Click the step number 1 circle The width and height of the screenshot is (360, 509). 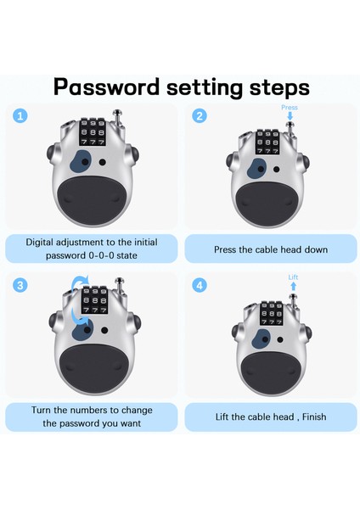(x=20, y=116)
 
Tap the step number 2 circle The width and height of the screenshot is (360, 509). (x=200, y=116)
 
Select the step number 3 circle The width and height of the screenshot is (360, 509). (x=20, y=285)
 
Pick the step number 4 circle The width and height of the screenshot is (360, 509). (x=200, y=285)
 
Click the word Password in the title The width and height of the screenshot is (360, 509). (x=107, y=87)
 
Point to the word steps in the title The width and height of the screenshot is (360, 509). (x=279, y=87)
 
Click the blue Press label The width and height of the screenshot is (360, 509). (x=290, y=108)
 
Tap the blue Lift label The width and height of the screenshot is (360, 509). (x=293, y=277)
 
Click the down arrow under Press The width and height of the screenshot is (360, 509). (x=290, y=116)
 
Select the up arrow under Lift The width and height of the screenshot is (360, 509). (x=294, y=286)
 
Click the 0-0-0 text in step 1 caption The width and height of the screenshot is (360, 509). (x=101, y=255)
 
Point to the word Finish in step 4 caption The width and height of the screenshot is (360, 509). (x=314, y=417)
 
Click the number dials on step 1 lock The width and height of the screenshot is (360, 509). (x=93, y=132)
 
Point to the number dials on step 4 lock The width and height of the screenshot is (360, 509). (x=272, y=314)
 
